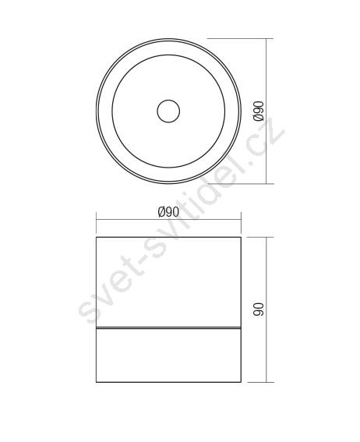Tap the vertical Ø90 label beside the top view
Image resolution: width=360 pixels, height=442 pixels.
click(259, 111)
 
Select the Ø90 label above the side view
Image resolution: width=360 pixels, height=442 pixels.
click(168, 212)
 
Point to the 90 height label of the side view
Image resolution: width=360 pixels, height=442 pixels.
click(259, 309)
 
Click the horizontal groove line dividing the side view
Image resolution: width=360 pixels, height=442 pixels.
click(168, 328)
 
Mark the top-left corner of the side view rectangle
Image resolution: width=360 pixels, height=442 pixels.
click(97, 237)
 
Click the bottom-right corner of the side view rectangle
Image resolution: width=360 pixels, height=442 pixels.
click(241, 382)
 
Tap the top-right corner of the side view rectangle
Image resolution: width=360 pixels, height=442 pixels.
click(241, 237)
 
